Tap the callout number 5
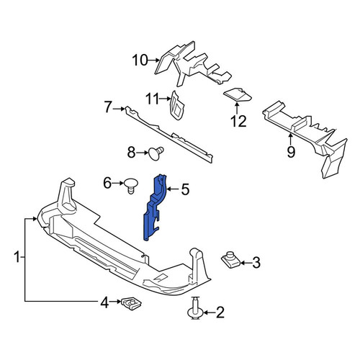(185, 189)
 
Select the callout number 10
(140, 60)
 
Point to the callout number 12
(238, 121)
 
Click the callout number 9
(291, 151)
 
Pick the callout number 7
(108, 107)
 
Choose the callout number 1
(17, 257)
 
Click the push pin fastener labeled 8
(156, 153)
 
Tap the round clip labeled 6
(131, 185)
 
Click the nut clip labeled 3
(230, 260)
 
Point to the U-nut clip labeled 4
(131, 303)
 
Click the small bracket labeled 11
(177, 106)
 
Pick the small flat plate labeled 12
(237, 95)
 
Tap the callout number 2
(220, 312)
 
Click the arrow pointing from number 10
(154, 60)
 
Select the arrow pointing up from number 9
(290, 139)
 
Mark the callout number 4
(104, 303)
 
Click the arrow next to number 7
(120, 109)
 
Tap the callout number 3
(256, 263)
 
